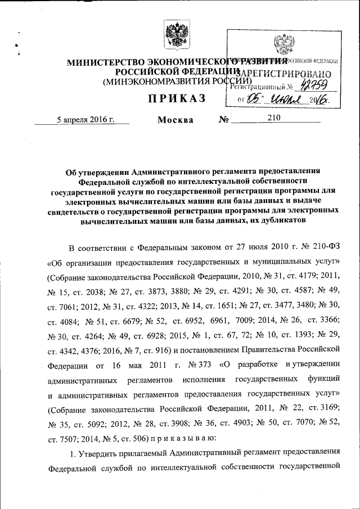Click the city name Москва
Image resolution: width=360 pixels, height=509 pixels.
175,120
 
